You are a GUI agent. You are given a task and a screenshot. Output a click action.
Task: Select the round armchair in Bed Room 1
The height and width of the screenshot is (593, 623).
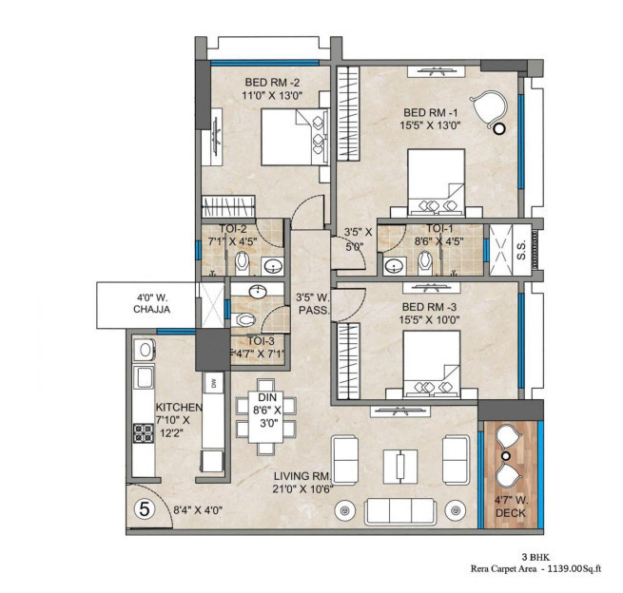click(492, 107)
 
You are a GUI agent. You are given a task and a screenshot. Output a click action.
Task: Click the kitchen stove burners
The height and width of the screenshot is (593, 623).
click(143, 434)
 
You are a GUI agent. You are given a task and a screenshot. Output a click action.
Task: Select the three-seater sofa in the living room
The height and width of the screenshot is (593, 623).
click(399, 511)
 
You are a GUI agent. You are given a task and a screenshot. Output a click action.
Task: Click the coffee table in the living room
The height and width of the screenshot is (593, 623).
click(399, 466)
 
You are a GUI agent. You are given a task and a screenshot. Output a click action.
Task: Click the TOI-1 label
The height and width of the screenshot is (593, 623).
click(438, 229)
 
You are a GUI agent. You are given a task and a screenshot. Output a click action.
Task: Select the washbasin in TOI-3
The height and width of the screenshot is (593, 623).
click(257, 293)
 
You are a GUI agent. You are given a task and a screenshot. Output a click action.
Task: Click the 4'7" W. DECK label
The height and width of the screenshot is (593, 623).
click(509, 507)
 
